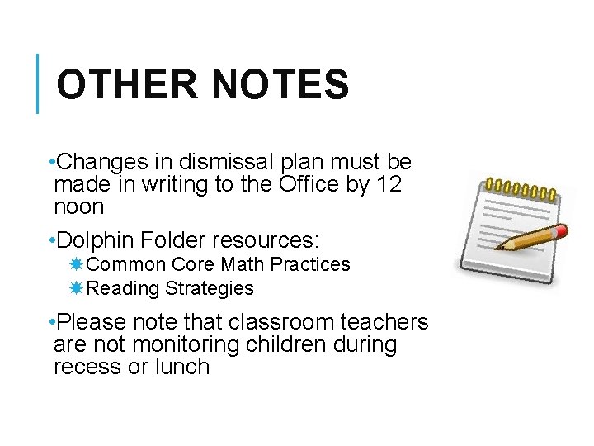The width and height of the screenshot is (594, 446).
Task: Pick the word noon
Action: [x=78, y=206]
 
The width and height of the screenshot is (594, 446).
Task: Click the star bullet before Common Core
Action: [x=76, y=264]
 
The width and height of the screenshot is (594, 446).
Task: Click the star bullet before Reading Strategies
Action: [x=76, y=288]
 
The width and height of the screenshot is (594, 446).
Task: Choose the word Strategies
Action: [x=210, y=288]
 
